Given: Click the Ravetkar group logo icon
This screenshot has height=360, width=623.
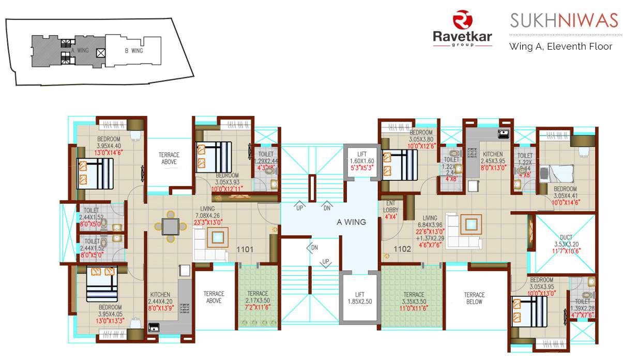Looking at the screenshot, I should (462, 20).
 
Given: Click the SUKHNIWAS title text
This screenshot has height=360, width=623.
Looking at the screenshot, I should (564, 21).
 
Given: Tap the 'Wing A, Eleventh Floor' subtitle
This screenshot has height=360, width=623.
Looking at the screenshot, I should (560, 47).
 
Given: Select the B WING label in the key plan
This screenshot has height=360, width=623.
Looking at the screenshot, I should (133, 51).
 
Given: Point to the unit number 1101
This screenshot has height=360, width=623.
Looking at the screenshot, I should (245, 249).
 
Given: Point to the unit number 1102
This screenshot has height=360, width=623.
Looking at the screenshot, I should (402, 249).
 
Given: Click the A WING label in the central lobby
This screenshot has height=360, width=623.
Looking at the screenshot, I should (351, 222).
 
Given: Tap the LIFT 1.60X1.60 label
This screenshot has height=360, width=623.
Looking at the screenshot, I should (361, 157).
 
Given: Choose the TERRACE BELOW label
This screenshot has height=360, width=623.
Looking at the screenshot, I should (474, 298).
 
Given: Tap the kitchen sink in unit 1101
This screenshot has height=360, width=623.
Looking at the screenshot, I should (154, 327).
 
